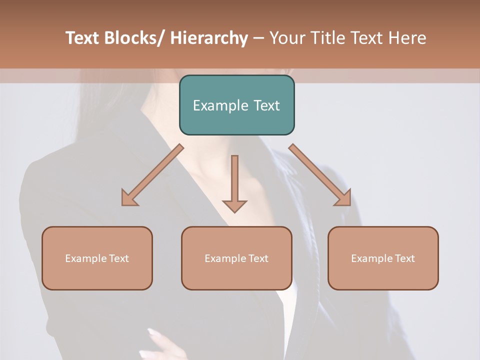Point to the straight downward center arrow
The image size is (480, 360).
tap(234, 180)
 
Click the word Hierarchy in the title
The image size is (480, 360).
tap(209, 38)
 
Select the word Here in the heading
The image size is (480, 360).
tap(408, 38)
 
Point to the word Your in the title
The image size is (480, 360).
tap(288, 38)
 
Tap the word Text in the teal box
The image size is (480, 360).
tap(266, 105)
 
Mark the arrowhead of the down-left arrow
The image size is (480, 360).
tap(129, 198)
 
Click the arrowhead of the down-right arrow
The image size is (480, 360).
tap(343, 198)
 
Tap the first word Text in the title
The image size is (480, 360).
tap(82, 38)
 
